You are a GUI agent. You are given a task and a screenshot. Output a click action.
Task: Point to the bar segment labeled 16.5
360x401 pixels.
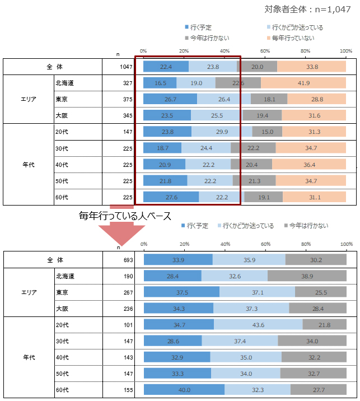pos(160,83)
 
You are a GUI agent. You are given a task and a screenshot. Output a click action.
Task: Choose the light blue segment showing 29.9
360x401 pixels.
pos(222,132)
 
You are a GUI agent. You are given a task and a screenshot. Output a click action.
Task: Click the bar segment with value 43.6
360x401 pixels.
pos(258,324)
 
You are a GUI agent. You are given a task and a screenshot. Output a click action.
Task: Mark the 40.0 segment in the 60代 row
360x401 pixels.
pos(184,389)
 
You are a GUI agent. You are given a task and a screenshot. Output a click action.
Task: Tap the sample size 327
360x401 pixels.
pos(128,83)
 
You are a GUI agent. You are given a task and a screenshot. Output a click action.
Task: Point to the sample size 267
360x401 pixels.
pos(127,292)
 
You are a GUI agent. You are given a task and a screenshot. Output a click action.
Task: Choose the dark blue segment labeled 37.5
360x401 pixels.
pos(181,292)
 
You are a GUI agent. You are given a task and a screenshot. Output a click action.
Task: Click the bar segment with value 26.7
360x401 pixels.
pos(170,99)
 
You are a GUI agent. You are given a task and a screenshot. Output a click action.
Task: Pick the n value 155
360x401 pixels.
pos(127,389)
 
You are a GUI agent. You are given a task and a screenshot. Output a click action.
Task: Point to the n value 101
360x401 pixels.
pos(127,324)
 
